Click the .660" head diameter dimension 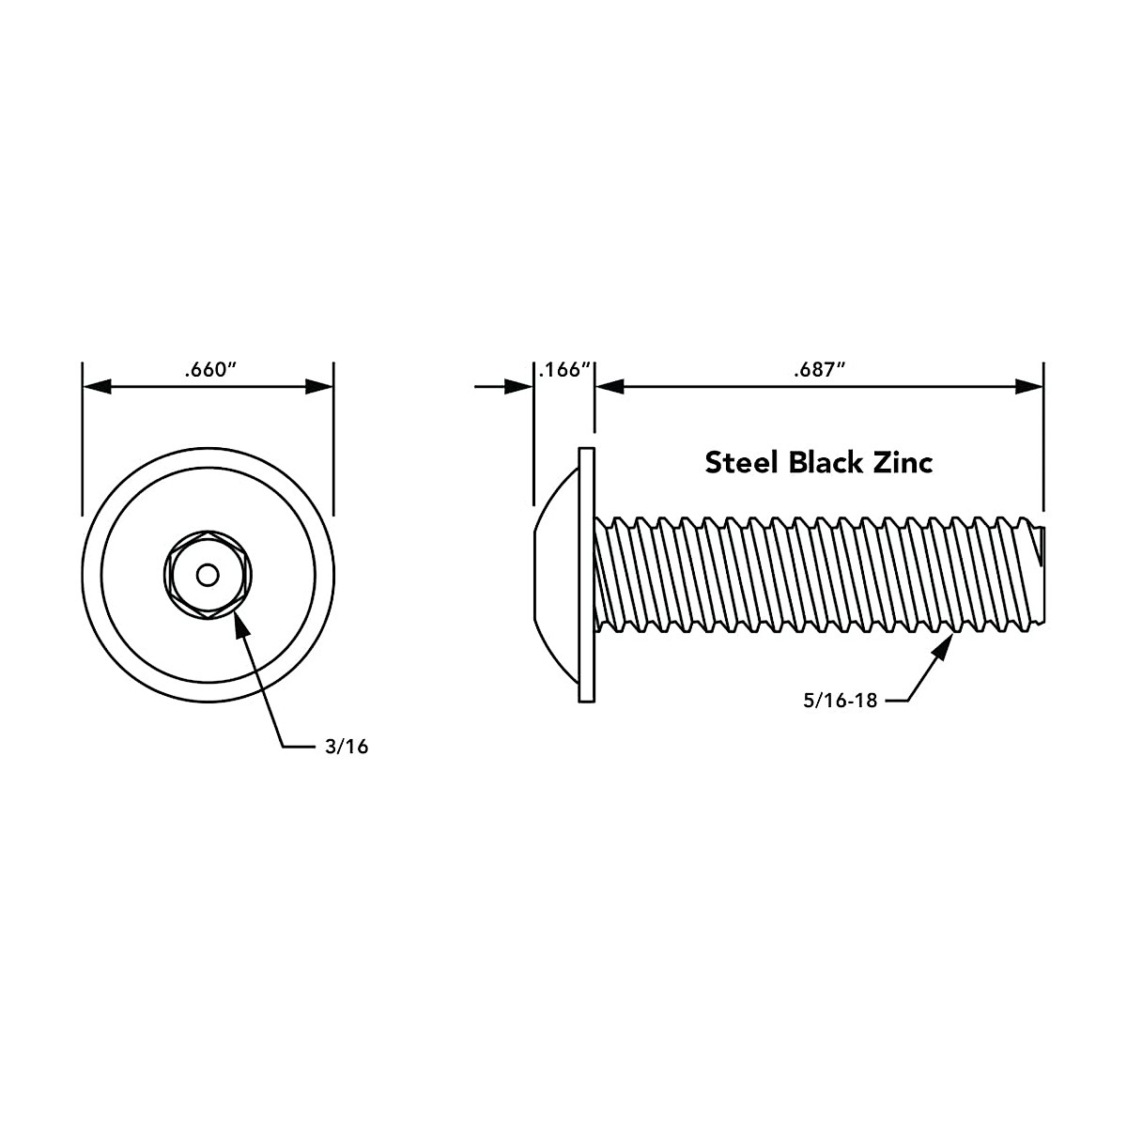[208, 370]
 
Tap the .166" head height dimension [564, 370]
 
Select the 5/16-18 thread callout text [840, 701]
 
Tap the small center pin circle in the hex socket [207, 574]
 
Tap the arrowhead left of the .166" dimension [518, 386]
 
